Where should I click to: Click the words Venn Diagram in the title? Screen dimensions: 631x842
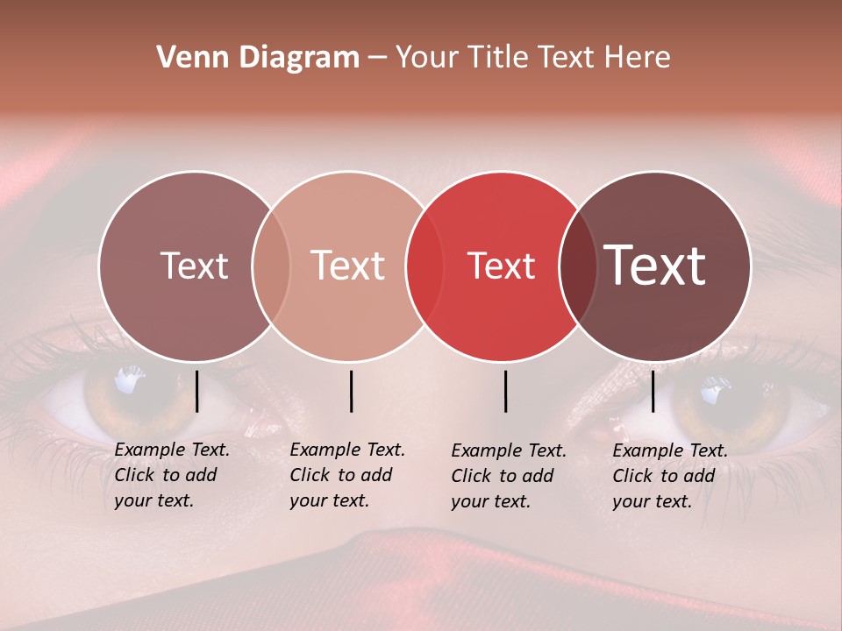pos(258,58)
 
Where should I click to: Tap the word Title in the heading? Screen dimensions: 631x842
pos(503,58)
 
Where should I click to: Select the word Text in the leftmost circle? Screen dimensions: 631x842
pos(194,266)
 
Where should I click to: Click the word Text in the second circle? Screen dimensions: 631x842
pos(348,266)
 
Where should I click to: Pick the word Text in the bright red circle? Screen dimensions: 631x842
pos(502,266)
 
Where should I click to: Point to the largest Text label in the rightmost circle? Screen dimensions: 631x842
pos(655,265)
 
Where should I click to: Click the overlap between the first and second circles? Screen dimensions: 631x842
pos(271,266)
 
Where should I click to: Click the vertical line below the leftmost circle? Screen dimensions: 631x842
pos(196,391)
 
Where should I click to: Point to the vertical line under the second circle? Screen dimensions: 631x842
pos(351,391)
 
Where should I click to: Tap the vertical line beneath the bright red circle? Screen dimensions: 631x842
pos(505,391)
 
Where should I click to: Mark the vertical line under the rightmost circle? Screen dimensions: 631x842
pos(653,391)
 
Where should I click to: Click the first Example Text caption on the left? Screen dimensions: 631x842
pos(171,475)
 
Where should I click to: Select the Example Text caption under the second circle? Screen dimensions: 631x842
pos(346,475)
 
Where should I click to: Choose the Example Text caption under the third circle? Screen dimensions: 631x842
pos(508,476)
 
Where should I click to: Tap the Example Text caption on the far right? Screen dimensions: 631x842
pos(669,476)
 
